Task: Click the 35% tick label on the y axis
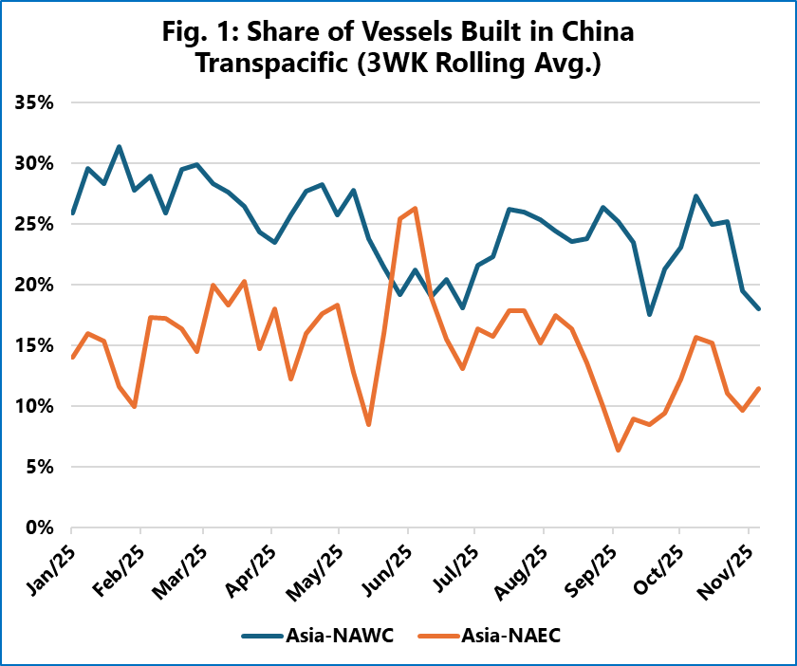[35, 102]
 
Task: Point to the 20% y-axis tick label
[35, 285]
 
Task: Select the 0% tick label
[40, 527]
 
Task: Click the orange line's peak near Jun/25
[416, 209]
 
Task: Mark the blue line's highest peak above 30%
[119, 147]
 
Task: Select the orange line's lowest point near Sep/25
[619, 450]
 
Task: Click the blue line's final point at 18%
[759, 308]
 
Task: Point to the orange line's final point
[759, 388]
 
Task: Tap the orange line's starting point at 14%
[73, 357]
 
